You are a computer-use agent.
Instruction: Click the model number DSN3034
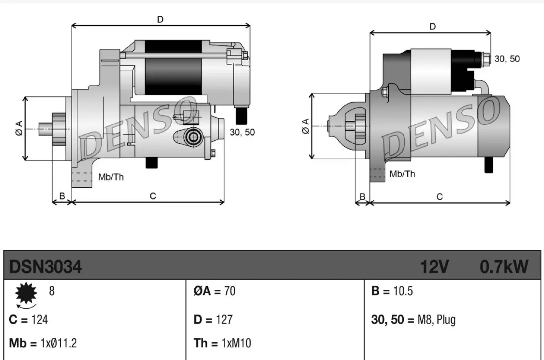(x=45, y=267)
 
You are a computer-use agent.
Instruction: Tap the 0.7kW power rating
(x=504, y=267)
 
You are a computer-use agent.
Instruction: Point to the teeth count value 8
(x=52, y=291)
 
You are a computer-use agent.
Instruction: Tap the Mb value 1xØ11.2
(x=58, y=343)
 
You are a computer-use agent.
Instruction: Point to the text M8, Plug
(x=436, y=320)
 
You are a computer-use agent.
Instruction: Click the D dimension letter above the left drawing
(x=160, y=19)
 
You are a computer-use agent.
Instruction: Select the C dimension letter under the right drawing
(x=439, y=197)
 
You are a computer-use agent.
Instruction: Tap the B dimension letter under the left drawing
(x=62, y=196)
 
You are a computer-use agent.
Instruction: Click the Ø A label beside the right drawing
(x=306, y=126)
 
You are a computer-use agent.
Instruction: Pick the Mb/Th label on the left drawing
(x=111, y=177)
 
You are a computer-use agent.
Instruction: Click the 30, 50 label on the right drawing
(x=507, y=59)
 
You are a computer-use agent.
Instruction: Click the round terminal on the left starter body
(x=193, y=136)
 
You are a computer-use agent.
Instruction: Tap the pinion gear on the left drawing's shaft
(x=58, y=129)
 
